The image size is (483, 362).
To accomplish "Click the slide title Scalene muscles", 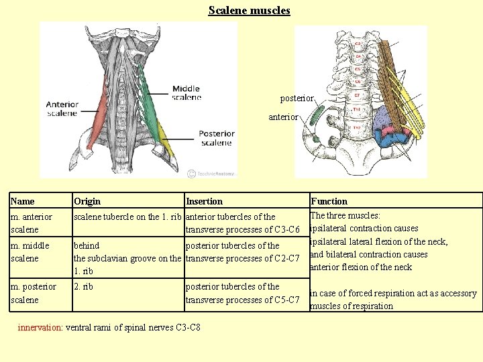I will coord(249,11).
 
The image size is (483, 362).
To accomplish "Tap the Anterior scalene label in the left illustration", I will coord(62,109).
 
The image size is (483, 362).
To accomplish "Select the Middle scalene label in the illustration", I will coord(186,93).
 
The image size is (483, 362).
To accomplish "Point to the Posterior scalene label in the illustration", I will coord(215,137).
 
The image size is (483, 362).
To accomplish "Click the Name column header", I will coord(23,201).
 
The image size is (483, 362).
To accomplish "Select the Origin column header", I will coord(87,201).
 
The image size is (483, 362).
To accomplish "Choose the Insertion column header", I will coord(204,201).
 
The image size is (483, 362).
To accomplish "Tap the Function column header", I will coord(329,201).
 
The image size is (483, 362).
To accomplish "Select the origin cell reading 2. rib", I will coord(83,287).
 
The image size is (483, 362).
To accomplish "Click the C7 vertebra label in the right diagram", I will coord(358,95).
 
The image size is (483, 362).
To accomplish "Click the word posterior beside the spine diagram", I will coord(297,98).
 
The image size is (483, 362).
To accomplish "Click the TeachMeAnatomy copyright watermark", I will coord(211,173).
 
